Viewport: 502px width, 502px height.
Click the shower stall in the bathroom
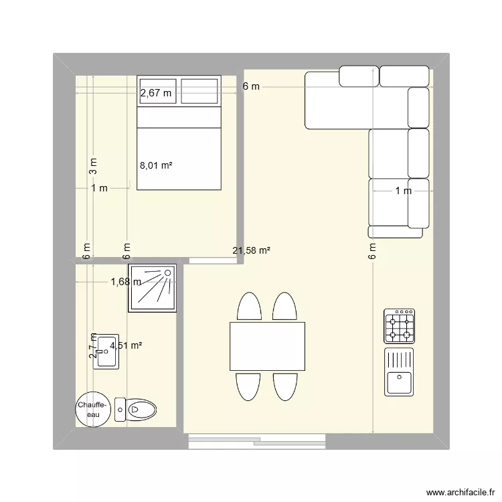tap(153, 288)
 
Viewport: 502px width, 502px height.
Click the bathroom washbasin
tap(106, 351)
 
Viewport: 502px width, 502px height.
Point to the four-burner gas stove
tap(400, 326)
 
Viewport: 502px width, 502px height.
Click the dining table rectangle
tap(267, 346)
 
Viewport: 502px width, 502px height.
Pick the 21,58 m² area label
tap(251, 251)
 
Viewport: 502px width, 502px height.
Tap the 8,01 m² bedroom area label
tap(156, 164)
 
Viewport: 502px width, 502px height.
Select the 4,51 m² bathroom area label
tap(127, 346)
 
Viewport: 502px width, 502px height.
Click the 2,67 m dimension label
tap(156, 94)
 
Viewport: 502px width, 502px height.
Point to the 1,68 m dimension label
tap(126, 282)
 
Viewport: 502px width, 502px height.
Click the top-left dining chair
tap(249, 307)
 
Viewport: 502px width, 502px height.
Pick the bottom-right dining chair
tap(284, 386)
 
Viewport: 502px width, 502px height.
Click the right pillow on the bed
tap(199, 91)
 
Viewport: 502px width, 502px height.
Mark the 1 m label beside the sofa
tap(403, 191)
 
